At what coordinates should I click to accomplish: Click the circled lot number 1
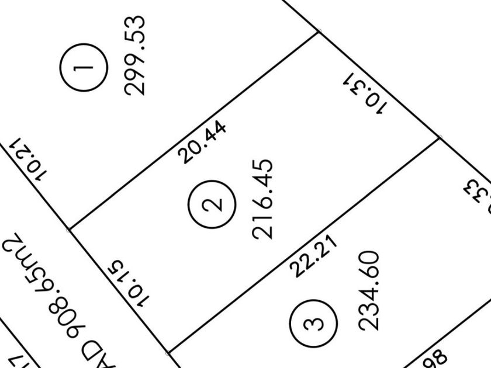[84, 68]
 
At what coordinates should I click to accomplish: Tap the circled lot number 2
[212, 204]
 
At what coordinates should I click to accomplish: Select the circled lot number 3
[314, 323]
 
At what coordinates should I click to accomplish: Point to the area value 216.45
[263, 198]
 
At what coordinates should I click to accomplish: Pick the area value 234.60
[369, 290]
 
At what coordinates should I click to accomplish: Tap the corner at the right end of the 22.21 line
[440, 138]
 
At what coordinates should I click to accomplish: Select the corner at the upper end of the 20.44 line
[318, 32]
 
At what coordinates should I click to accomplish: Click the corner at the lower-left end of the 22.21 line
[168, 353]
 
